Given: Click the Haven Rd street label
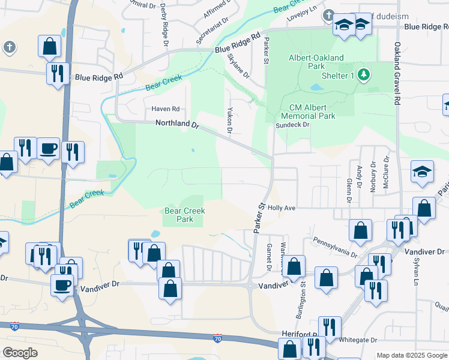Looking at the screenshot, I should [x=165, y=109].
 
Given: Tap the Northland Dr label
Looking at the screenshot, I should [x=176, y=123].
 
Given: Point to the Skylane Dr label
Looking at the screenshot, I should [x=238, y=65].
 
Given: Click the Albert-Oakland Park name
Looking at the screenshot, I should [x=316, y=62].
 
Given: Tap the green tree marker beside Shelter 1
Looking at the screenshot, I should [x=363, y=75].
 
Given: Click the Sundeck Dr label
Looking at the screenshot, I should [x=292, y=125].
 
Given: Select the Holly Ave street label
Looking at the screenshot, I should [x=282, y=208].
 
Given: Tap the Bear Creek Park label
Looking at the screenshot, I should [x=185, y=215].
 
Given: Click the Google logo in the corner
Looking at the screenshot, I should [x=20, y=353].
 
